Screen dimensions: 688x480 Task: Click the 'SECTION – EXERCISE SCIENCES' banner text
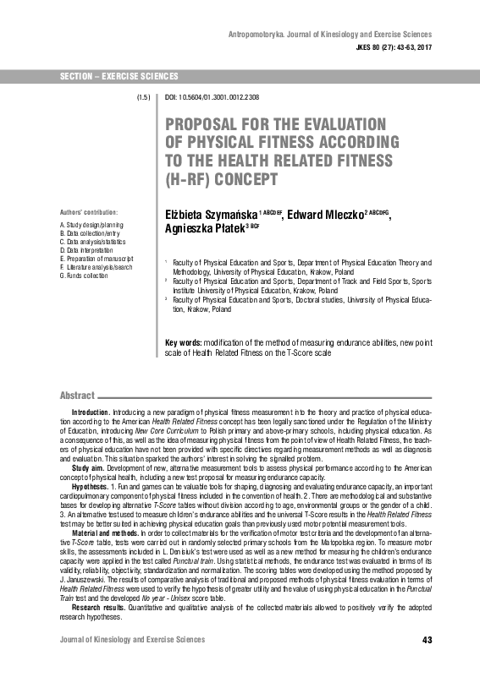113,77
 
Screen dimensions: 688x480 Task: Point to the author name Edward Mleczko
325,214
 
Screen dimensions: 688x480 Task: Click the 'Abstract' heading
77,396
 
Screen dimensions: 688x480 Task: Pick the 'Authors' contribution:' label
89,211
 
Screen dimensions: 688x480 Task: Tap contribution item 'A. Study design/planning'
91,226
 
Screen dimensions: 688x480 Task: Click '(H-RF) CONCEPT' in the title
222,180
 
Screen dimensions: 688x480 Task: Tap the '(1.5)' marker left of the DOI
144,98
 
